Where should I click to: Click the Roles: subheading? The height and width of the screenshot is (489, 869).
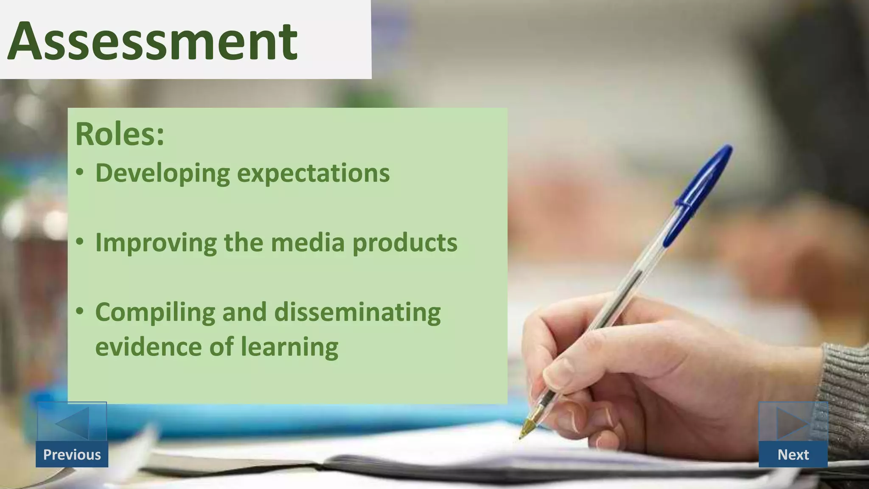click(x=120, y=134)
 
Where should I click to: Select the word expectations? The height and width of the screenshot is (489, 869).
click(x=313, y=173)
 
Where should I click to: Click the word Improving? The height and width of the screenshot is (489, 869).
click(x=156, y=243)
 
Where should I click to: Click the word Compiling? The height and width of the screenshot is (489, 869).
click(x=155, y=312)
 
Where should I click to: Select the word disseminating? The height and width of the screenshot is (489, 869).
click(x=357, y=312)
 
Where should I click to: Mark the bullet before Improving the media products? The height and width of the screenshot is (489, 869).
click(x=80, y=242)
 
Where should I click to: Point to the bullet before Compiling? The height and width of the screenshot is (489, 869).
click(x=80, y=311)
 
